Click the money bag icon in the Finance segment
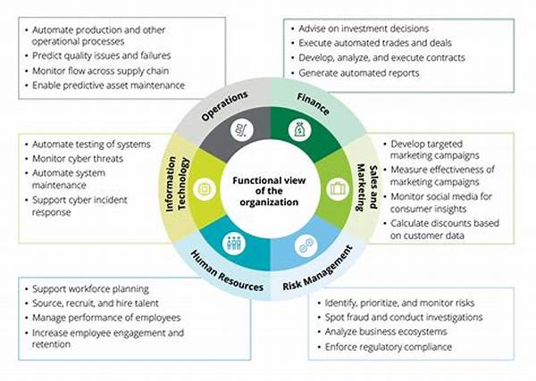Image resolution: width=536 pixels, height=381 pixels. point(298,129)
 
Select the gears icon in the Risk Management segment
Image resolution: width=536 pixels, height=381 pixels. point(306,245)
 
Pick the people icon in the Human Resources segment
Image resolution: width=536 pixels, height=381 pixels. point(234,244)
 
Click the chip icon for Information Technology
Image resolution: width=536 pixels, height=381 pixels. point(205,189)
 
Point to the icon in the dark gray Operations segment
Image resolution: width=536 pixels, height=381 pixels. point(242,130)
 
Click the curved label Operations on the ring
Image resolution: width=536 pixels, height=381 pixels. point(224,106)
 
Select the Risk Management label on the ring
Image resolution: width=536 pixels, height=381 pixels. point(318,269)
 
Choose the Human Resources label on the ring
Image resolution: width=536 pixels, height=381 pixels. point(227,271)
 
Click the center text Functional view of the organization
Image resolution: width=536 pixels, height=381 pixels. point(269,191)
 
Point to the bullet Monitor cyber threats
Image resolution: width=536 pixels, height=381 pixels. point(78,159)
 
